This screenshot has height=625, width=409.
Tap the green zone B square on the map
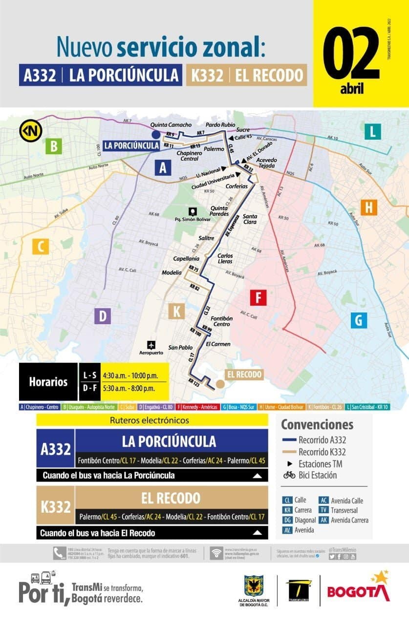click(x=53, y=146)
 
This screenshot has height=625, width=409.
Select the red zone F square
click(x=258, y=297)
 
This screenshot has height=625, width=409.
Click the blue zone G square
click(x=358, y=320)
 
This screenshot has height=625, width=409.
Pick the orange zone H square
click(x=369, y=208)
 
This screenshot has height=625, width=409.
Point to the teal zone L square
click(x=372, y=131)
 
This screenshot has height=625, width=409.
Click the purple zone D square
click(x=103, y=316)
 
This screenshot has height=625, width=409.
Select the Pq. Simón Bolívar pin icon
click(x=193, y=211)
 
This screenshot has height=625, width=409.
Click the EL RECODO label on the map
click(x=243, y=375)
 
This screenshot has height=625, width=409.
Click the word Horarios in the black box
click(x=48, y=381)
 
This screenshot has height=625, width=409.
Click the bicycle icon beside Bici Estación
click(x=289, y=475)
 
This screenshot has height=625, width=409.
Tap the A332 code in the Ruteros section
click(x=56, y=448)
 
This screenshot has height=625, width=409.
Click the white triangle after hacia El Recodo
click(x=257, y=532)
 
